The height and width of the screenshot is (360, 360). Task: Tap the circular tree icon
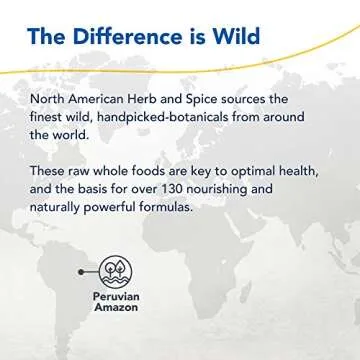[x=112, y=269]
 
